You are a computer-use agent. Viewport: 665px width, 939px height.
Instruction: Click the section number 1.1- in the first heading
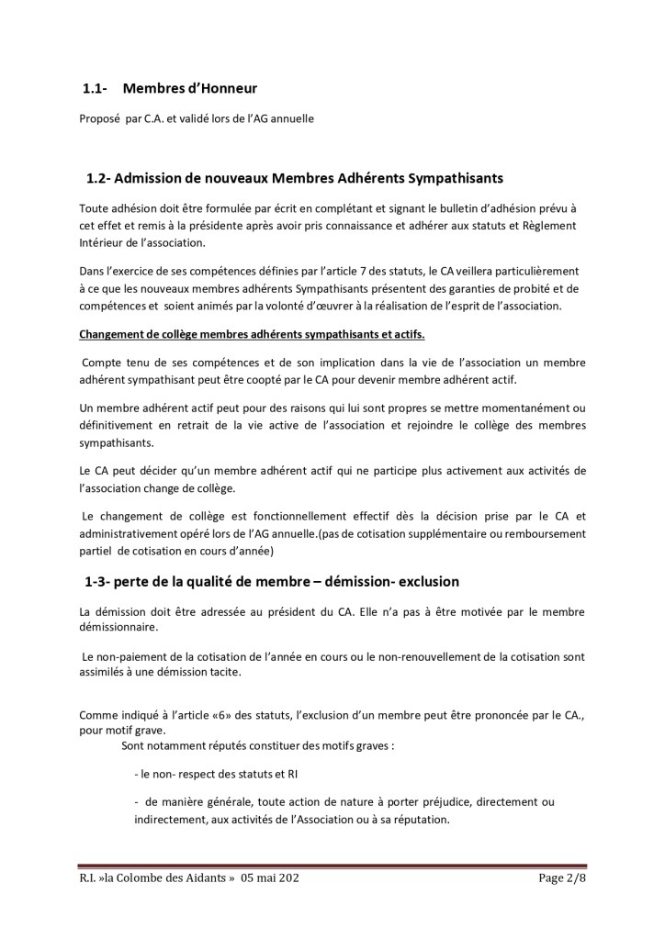tap(96, 89)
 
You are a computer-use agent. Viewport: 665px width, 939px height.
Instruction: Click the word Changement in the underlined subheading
tap(113, 334)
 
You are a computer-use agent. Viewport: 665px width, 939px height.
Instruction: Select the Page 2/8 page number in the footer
tap(562, 878)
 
